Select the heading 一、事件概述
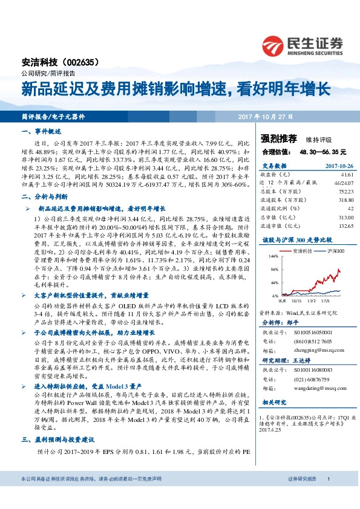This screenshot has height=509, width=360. click(x=41, y=131)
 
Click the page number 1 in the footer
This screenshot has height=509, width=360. click(x=328, y=496)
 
